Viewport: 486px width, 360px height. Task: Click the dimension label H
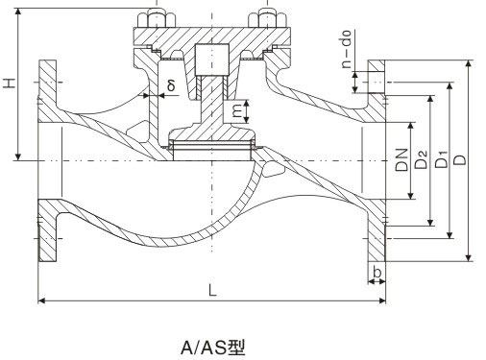tap(11, 85)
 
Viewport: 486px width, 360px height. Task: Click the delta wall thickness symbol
tap(169, 85)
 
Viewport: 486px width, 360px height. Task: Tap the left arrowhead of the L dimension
tap(42, 301)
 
